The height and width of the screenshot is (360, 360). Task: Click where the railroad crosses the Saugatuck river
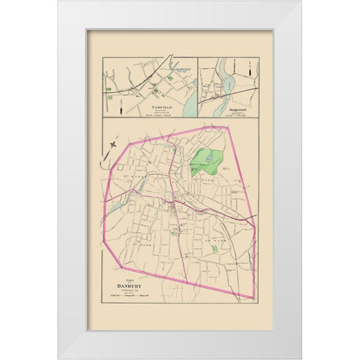coord(223,88)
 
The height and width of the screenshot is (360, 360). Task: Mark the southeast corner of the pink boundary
coord(255,298)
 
